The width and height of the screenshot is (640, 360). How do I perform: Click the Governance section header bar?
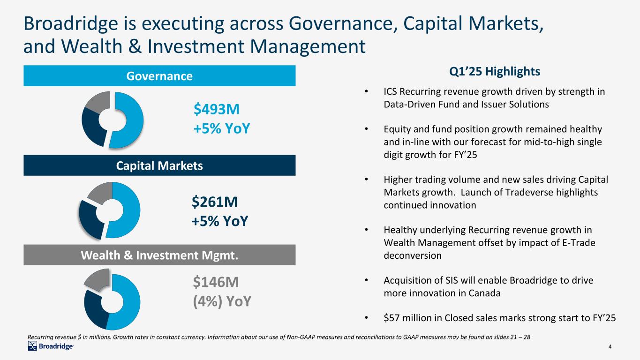pyautogui.click(x=159, y=75)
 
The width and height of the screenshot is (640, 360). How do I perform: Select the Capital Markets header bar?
pyautogui.click(x=159, y=165)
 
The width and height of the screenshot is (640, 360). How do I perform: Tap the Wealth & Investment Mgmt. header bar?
pyautogui.click(x=159, y=255)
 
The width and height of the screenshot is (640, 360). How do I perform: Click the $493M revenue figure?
pyautogui.click(x=217, y=110)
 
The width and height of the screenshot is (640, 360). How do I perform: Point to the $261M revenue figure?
pyautogui.click(x=214, y=202)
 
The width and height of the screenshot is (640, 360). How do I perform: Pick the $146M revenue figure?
pyautogui.click(x=216, y=282)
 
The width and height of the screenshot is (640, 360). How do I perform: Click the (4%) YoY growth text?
pyautogui.click(x=222, y=301)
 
